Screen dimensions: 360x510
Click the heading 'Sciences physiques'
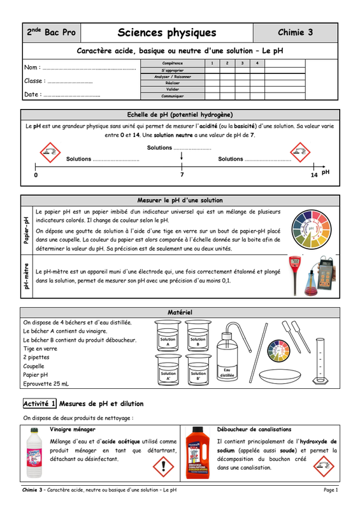coord(167,33)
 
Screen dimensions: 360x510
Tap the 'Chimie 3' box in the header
coord(295,33)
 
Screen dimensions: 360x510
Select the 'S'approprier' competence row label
coord(173,70)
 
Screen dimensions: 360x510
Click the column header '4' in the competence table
coord(257,63)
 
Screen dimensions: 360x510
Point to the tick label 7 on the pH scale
coord(182,175)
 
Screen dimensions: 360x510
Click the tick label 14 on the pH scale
coord(314,175)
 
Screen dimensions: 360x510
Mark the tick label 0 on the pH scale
coord(36,175)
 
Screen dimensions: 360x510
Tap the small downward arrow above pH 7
coord(182,156)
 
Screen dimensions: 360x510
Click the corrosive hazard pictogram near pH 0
coord(50,152)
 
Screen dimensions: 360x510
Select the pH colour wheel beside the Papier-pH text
coord(311,229)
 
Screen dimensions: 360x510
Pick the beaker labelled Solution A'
coord(168,370)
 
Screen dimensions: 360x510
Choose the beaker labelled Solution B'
coord(198,370)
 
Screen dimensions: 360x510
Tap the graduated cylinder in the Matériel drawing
coord(320,361)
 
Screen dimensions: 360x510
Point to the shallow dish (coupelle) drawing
coord(280,376)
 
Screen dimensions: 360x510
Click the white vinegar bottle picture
coord(34,453)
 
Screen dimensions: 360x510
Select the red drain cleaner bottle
coord(195,453)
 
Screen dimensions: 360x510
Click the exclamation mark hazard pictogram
coord(163,466)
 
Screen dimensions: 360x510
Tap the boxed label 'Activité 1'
coord(40,404)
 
